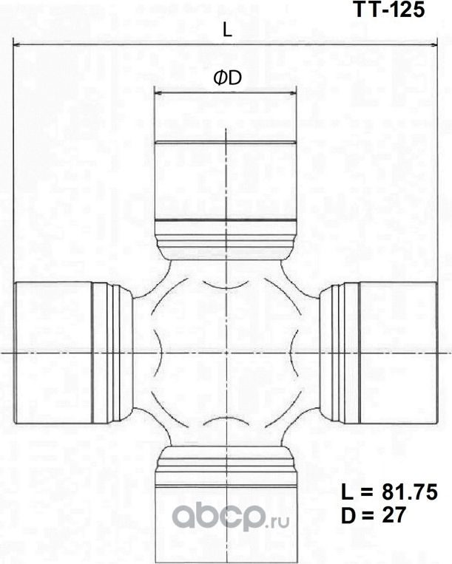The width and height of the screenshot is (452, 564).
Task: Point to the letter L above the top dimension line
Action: coord(227,30)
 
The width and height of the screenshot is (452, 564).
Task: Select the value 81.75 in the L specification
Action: coord(405,492)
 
